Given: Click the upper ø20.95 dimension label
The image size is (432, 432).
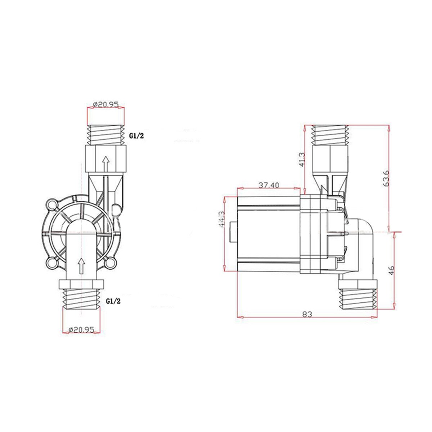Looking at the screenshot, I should (106, 104).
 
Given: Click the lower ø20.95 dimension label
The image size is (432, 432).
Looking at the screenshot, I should (81, 329).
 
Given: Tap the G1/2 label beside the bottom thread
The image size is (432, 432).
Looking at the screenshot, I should (113, 301).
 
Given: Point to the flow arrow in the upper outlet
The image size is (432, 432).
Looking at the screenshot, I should (105, 164).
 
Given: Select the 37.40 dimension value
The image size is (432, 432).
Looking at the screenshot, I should (269, 185).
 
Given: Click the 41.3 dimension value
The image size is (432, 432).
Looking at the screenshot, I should (302, 159).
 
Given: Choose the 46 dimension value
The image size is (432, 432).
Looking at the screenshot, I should (392, 270).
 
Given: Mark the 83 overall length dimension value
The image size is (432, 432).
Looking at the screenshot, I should (307, 314).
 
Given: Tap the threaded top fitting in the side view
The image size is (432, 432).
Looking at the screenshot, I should (330, 135).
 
